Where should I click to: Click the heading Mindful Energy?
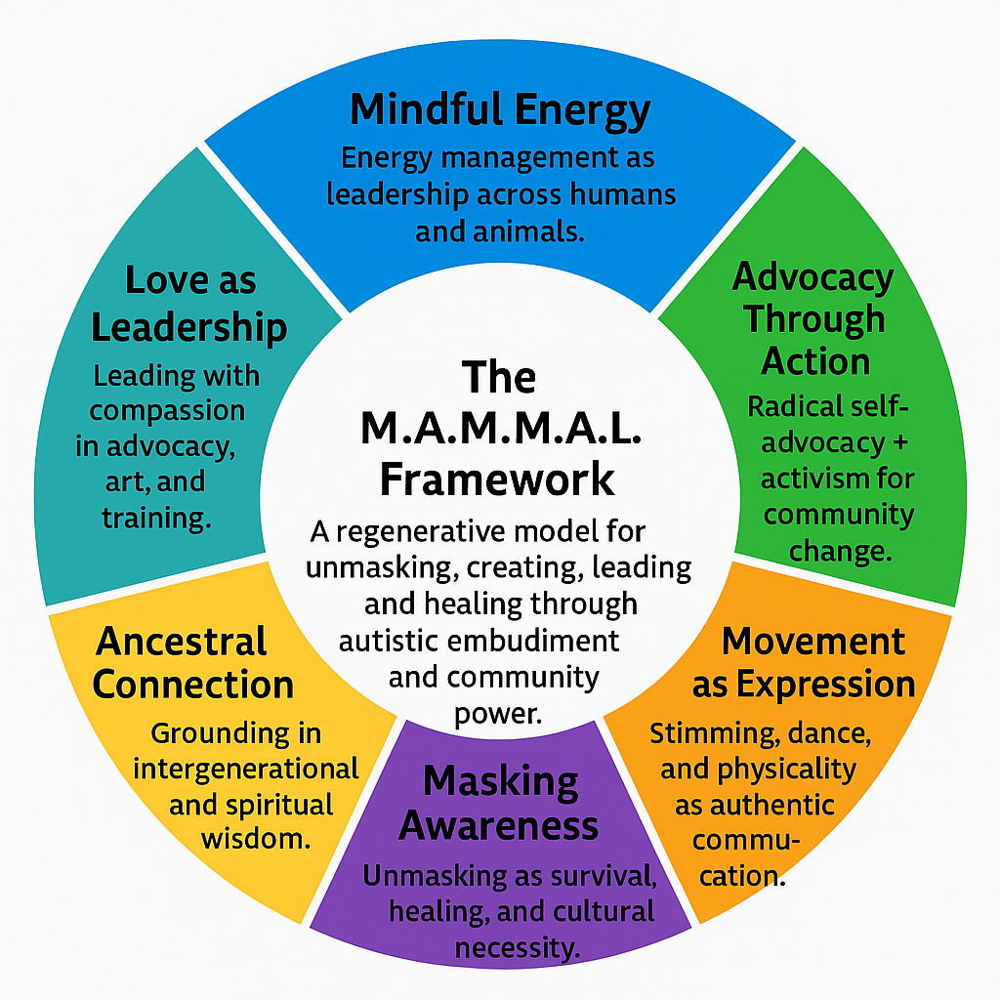click(x=500, y=110)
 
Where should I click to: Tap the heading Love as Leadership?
click(x=189, y=304)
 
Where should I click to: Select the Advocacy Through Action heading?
click(x=813, y=318)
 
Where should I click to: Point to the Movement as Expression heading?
click(x=805, y=663)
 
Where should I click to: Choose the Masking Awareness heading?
click(x=500, y=803)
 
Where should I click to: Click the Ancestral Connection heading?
click(x=192, y=663)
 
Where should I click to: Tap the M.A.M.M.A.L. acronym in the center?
click(x=500, y=430)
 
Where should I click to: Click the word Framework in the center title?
click(x=497, y=479)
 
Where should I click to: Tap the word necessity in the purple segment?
click(x=518, y=945)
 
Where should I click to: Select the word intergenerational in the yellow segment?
click(x=245, y=769)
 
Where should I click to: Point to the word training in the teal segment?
click(x=156, y=518)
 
